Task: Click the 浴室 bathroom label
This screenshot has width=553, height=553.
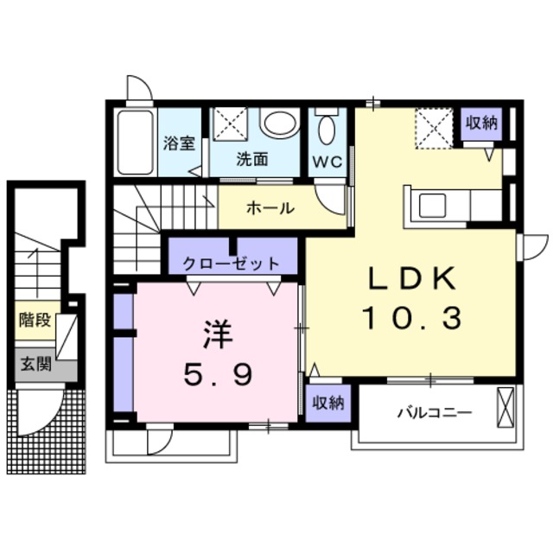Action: (179, 143)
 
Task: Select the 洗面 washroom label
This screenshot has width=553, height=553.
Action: (251, 159)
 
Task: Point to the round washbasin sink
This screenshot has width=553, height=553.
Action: (279, 124)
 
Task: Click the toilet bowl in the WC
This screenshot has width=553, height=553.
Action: (327, 130)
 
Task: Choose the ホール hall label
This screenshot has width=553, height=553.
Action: (271, 208)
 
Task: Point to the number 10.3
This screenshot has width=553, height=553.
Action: (410, 320)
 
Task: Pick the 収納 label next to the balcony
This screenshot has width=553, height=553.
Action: (329, 402)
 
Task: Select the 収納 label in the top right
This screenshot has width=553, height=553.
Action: (482, 124)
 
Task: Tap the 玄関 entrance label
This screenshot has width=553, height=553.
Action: (35, 364)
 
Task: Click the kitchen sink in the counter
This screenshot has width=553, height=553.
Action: (429, 206)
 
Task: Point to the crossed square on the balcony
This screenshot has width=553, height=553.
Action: (505, 406)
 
